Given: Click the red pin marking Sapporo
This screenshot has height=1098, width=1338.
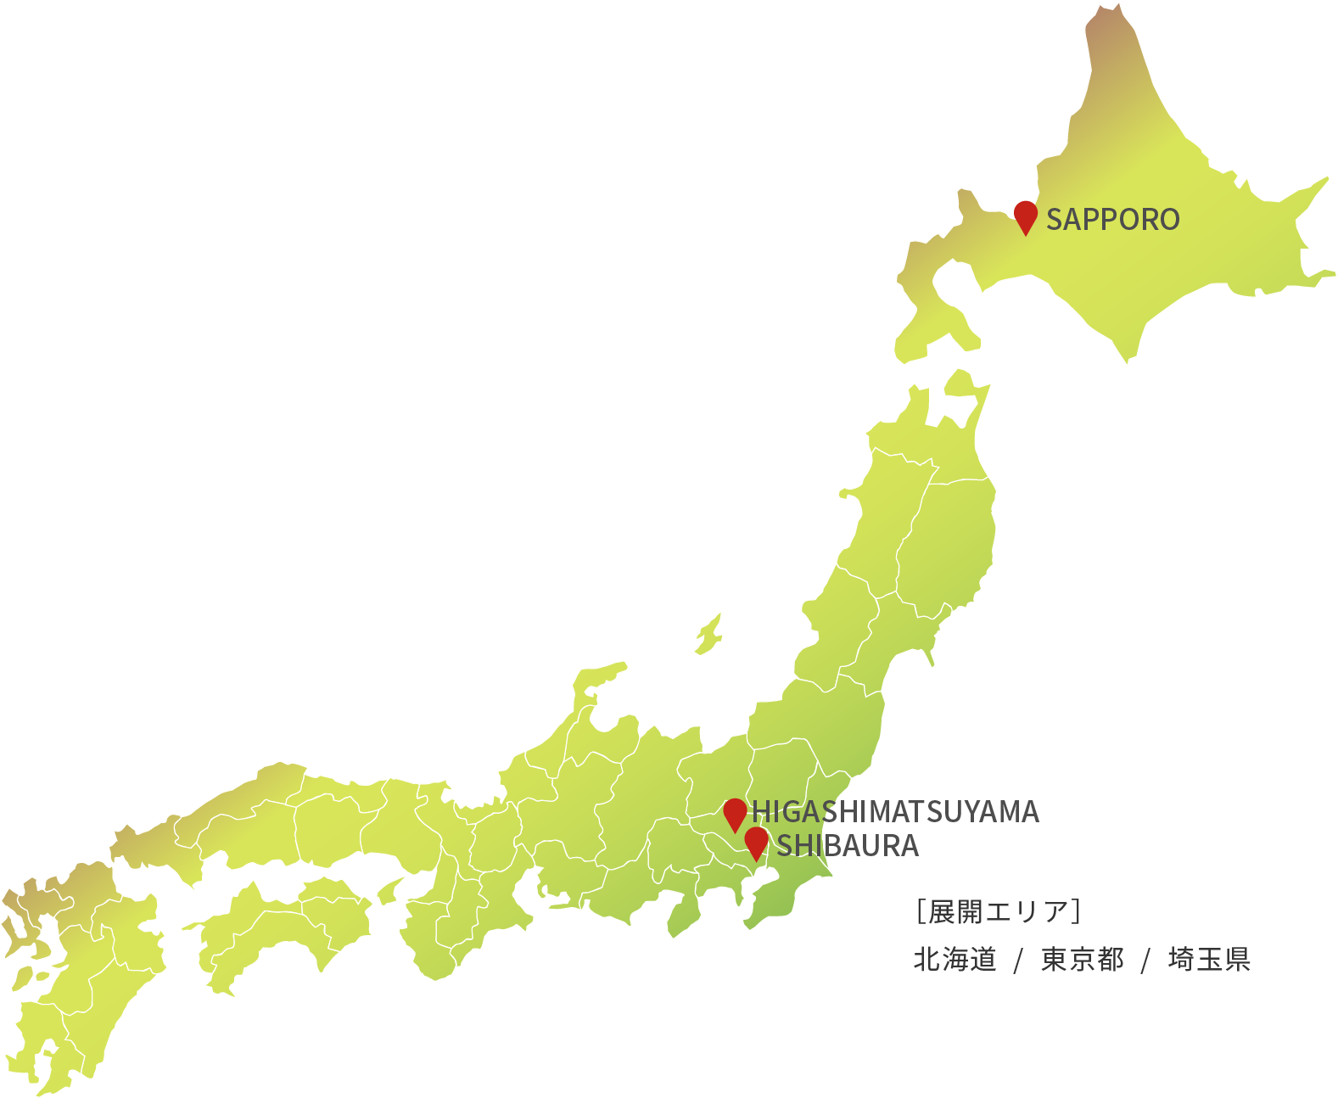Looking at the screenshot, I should [1026, 216].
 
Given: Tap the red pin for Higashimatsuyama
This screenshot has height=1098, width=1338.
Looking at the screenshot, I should [735, 813].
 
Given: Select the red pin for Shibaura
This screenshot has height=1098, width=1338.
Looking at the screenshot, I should [756, 842].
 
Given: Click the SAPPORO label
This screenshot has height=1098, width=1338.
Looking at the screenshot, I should [1112, 220].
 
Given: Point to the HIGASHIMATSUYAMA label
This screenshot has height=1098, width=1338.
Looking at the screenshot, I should [895, 812].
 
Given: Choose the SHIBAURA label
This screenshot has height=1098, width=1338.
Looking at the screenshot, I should [848, 846].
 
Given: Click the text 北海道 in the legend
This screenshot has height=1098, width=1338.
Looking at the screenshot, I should [955, 960].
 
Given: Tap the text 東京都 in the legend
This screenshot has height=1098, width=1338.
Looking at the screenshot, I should [1082, 960].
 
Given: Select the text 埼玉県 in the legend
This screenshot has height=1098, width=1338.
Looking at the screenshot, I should [1209, 960].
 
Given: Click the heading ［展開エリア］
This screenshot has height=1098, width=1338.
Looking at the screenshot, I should [998, 911].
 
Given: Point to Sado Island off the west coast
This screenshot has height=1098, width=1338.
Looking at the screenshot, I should [709, 634].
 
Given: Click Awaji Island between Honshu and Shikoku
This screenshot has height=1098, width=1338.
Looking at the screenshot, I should [389, 891].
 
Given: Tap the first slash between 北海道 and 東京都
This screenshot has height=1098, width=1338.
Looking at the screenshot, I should [1018, 961].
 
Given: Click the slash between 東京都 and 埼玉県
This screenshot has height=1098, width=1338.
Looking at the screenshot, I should [1145, 961].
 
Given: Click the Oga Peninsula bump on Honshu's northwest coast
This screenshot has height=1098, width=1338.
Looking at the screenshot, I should [848, 493].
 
